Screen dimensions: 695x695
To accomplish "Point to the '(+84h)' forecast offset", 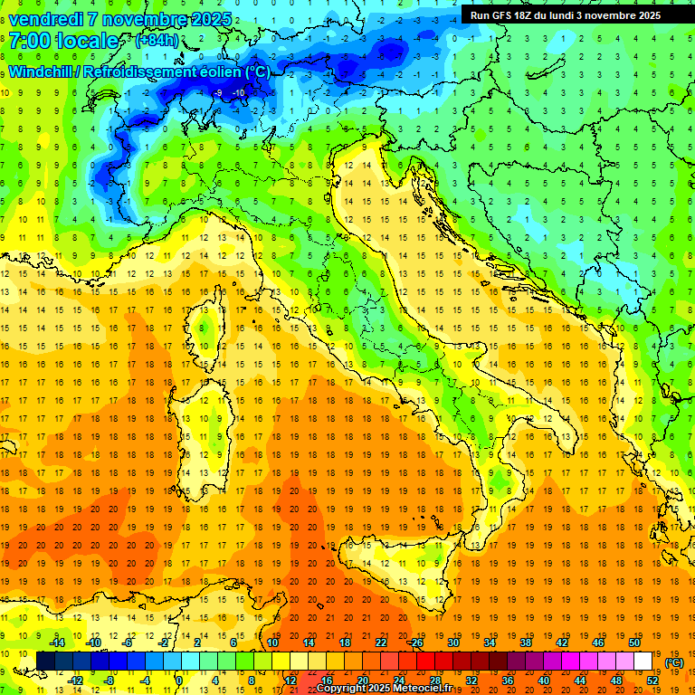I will [156, 42].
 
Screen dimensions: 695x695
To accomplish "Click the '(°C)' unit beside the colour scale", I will [674, 662].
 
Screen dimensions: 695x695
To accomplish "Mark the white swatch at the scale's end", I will [643, 661].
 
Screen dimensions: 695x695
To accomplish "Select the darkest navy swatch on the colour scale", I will [45, 661].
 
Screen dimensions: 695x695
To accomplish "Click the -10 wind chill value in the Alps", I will [238, 92].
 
